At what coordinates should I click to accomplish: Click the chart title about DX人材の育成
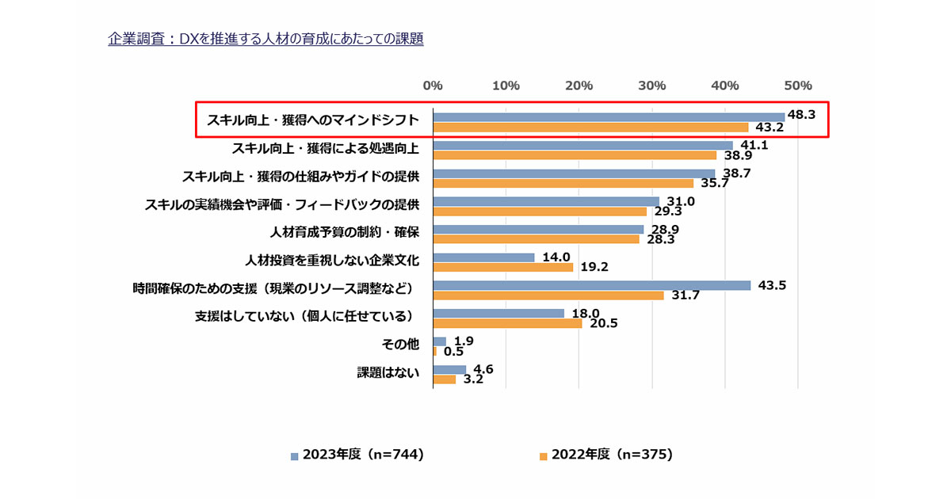pyautogui.click(x=265, y=39)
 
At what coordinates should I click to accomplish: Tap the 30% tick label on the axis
pyautogui.click(x=651, y=86)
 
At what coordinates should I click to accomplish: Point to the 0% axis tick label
pyautogui.click(x=433, y=86)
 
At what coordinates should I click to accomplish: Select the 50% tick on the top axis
pyautogui.click(x=797, y=86)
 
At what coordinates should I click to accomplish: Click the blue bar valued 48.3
pyautogui.click(x=609, y=117)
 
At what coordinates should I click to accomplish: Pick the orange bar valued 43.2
pyautogui.click(x=590, y=128)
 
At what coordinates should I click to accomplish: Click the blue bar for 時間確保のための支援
pyautogui.click(x=591, y=285)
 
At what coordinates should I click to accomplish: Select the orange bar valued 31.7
pyautogui.click(x=548, y=295)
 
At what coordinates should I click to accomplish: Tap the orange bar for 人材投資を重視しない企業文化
pyautogui.click(x=502, y=267)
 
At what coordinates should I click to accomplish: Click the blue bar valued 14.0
pyautogui.click(x=483, y=257)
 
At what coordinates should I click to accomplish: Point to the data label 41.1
pyautogui.click(x=752, y=145)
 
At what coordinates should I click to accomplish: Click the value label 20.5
pyautogui.click(x=602, y=323)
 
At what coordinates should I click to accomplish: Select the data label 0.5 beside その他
pyautogui.click(x=453, y=352)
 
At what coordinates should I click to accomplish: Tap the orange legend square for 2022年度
pyautogui.click(x=544, y=456)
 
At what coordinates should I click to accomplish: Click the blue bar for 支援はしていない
pyautogui.click(x=498, y=314)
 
